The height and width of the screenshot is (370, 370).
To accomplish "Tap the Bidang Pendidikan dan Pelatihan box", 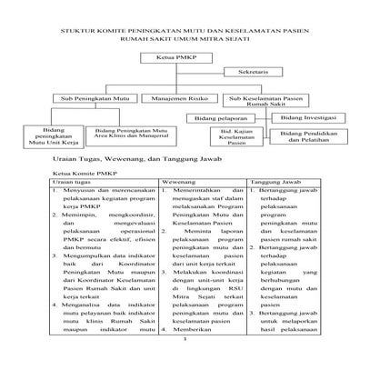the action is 303,138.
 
